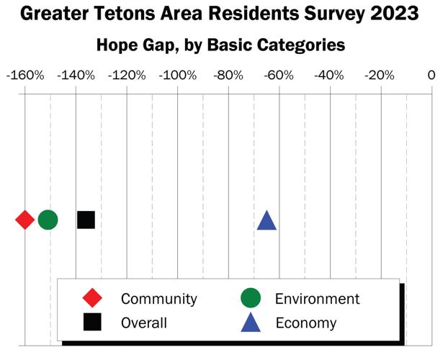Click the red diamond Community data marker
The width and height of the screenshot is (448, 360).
coord(25,220)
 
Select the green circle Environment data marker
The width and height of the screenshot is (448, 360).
coord(48,220)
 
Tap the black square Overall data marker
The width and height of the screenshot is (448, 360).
coord(86,220)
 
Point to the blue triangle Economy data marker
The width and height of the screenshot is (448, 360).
coord(266,221)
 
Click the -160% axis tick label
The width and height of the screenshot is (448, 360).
coord(24,76)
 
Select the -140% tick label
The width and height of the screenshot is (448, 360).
coord(76,76)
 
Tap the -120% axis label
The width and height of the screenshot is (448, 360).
coord(127,76)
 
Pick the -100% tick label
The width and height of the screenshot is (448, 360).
coord(177,76)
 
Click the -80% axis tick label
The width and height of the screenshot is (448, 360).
coord(229,76)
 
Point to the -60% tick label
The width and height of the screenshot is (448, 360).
coord(279,76)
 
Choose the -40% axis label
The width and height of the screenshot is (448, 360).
coord(330,76)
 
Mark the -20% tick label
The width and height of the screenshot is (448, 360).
coord(380,76)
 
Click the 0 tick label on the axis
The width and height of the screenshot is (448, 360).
coord(431,76)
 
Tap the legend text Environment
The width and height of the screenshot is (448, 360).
coord(317,299)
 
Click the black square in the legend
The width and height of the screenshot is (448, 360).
coord(92,322)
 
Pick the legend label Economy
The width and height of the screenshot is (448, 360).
coord(306,323)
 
